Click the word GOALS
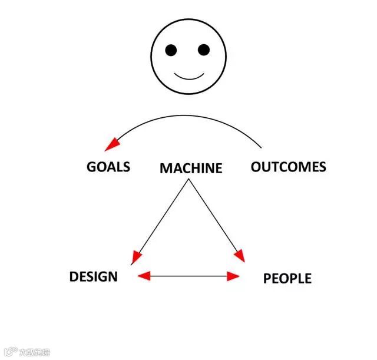click(x=108, y=167)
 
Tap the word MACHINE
click(x=191, y=169)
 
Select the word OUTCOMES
click(x=288, y=167)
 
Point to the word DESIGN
click(x=93, y=276)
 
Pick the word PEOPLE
click(x=287, y=279)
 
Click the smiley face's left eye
click(x=171, y=50)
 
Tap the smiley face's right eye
click(x=203, y=50)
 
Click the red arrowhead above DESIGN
click(x=137, y=257)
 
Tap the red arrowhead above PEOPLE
click(x=239, y=255)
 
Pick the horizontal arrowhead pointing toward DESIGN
click(x=144, y=275)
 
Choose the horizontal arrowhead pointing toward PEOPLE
click(x=233, y=276)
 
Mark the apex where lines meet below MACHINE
click(x=188, y=180)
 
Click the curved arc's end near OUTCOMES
click(x=260, y=147)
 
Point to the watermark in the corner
click(x=26, y=352)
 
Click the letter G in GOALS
click(x=91, y=167)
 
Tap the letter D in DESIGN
click(x=74, y=276)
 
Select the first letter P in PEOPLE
click(x=267, y=279)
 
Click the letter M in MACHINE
click(x=166, y=169)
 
